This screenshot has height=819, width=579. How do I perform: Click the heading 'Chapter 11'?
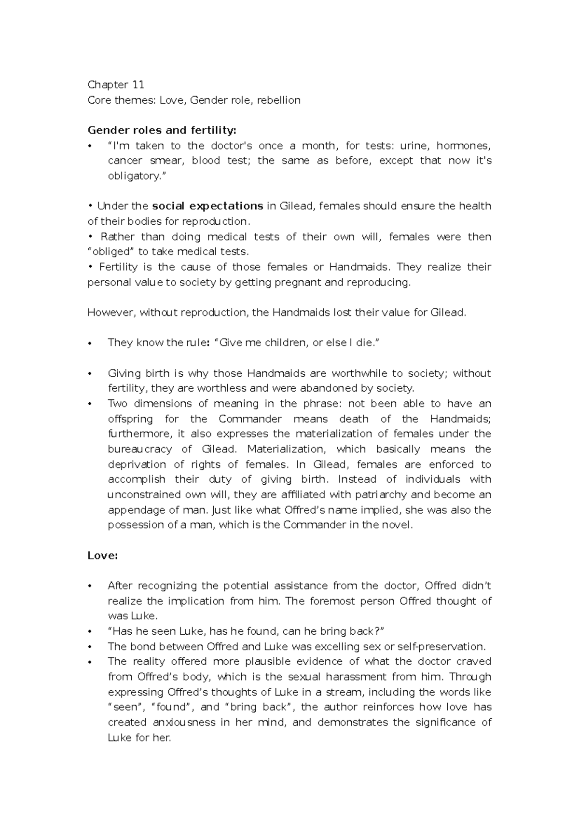(116, 85)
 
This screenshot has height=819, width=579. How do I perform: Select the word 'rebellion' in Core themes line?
(278, 100)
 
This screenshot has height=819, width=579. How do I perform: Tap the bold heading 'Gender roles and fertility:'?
(162, 130)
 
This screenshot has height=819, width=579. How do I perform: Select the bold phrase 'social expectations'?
(207, 206)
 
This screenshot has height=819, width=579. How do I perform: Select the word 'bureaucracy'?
(139, 449)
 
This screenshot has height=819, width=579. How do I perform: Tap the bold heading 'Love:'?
(103, 556)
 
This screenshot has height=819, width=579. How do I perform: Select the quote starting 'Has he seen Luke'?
(246, 631)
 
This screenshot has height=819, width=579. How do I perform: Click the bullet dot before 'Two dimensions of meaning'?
(90, 404)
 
